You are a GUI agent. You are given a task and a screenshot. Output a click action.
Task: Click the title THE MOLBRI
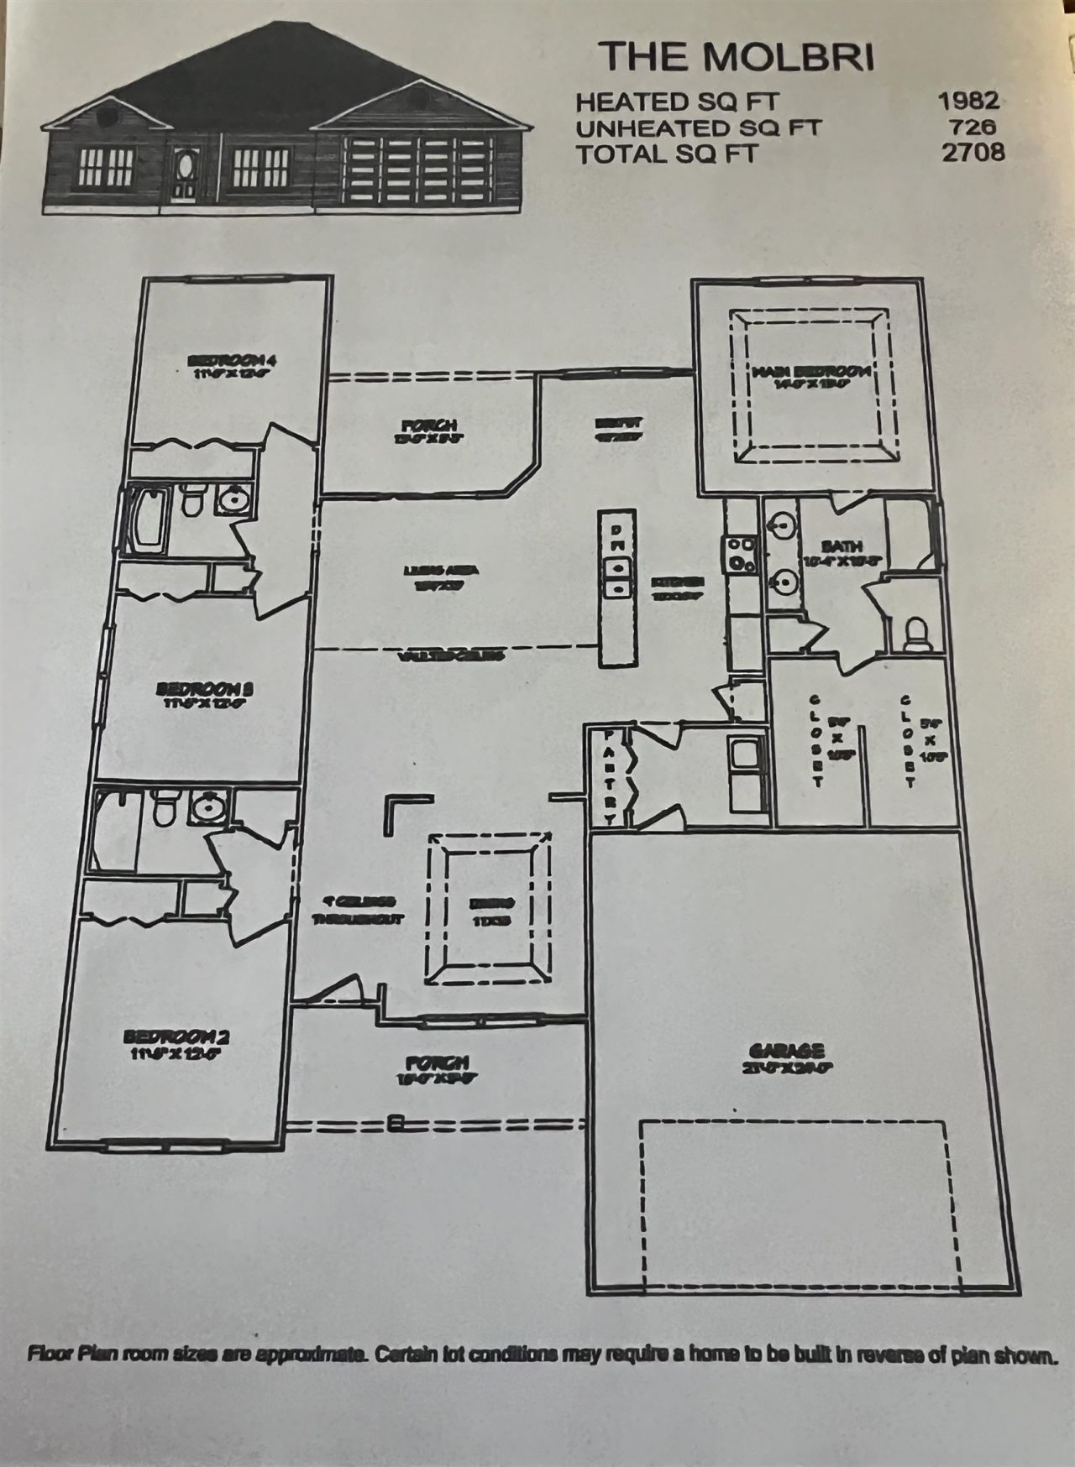click(x=736, y=56)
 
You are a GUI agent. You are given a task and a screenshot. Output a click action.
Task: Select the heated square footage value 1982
click(x=969, y=102)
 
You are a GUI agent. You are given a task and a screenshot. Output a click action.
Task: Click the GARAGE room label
click(x=786, y=1051)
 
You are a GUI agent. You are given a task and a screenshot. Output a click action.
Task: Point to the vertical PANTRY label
click(x=610, y=776)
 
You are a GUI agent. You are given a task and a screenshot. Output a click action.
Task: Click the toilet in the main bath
click(x=916, y=634)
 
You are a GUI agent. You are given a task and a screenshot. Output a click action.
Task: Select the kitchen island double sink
click(x=616, y=577)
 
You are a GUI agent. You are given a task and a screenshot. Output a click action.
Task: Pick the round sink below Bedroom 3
click(x=204, y=808)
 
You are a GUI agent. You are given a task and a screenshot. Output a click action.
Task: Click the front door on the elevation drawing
click(x=184, y=172)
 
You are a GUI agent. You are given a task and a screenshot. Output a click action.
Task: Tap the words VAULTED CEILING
click(x=449, y=656)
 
